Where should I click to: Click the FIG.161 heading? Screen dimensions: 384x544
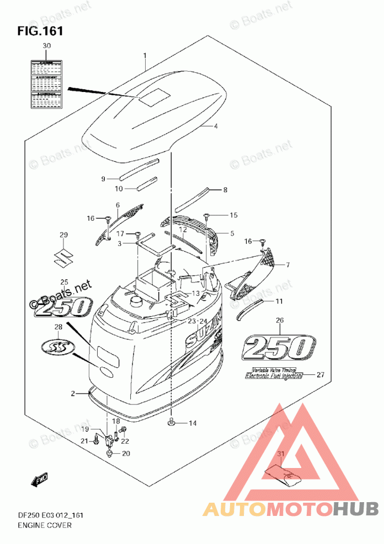coord(40,30)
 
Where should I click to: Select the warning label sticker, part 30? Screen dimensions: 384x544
coord(46,84)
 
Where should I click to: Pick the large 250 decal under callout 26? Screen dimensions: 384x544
coord(279,347)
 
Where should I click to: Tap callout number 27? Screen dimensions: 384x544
coord(321,374)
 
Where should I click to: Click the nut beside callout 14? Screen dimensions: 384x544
coord(172,422)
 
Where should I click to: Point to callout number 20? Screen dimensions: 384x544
coord(126,454)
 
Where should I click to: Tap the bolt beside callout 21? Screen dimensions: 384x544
coord(97,440)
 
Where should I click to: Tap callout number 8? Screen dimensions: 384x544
coord(225,191)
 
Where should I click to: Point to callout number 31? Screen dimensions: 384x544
coord(281,453)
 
